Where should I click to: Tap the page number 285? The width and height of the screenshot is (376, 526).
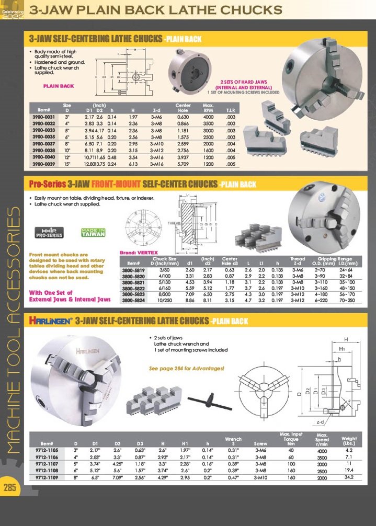(x=10, y=488)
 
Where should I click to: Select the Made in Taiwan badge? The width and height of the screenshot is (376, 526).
(x=93, y=233)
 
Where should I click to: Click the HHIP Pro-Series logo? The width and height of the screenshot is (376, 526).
(x=49, y=233)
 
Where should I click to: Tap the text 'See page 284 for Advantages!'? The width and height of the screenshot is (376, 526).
(x=186, y=368)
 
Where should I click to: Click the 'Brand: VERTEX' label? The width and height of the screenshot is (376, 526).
(x=135, y=252)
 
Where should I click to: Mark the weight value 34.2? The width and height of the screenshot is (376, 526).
(x=349, y=477)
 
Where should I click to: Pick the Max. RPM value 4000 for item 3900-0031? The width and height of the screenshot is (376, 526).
(x=208, y=117)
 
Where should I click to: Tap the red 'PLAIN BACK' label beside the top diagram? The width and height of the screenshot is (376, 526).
(x=59, y=86)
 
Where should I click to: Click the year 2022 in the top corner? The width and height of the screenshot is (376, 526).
(x=10, y=16)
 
